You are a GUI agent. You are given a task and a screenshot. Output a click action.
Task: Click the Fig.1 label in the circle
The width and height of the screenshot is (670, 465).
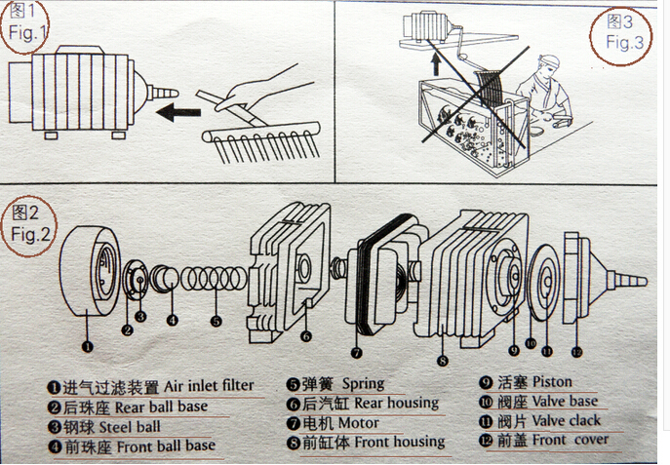click(27, 23)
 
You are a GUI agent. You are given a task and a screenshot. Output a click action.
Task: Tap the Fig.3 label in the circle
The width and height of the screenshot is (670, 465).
click(624, 32)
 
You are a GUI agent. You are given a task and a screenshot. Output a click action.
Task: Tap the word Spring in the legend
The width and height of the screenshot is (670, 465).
click(363, 383)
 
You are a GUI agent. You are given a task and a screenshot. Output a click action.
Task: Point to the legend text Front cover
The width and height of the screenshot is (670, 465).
click(571, 441)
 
